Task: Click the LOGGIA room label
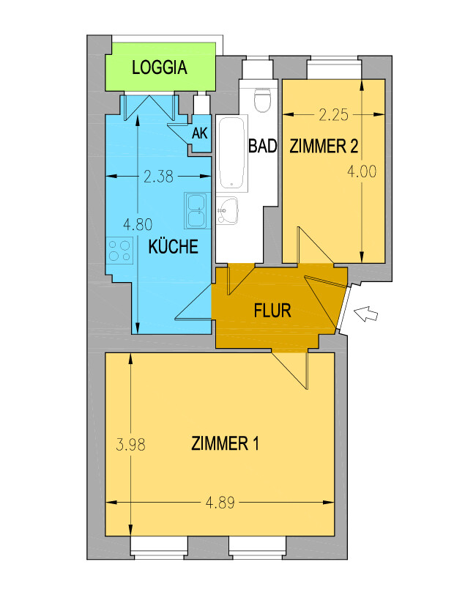[160, 67]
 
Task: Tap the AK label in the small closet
[200, 133]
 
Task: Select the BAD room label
[262, 146]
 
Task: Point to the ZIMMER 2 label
[324, 146]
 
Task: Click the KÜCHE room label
[174, 246]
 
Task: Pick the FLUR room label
[272, 311]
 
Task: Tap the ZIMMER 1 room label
[225, 443]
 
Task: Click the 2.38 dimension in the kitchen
[158, 177]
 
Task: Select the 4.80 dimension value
[138, 225]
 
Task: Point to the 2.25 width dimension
[333, 115]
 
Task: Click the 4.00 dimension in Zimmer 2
[362, 172]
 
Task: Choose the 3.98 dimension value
[130, 445]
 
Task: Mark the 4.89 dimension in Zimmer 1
[220, 503]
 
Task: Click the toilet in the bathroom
[263, 100]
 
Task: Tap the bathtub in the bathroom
[231, 153]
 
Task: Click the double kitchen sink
[198, 211]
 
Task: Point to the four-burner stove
[119, 251]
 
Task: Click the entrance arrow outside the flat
[365, 314]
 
